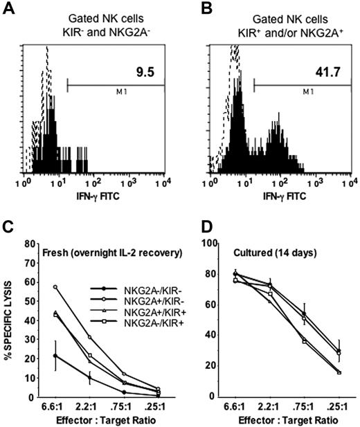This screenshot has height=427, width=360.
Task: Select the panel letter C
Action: tap(8, 226)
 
